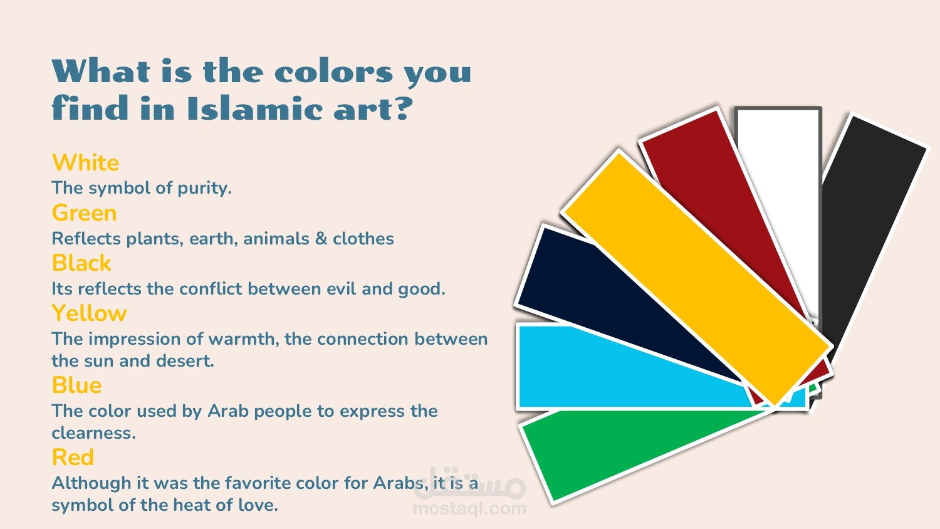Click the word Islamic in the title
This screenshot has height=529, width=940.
[256, 108]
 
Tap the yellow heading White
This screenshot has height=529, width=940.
[86, 163]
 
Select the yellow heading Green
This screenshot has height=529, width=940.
[85, 213]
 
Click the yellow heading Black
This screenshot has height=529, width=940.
[81, 263]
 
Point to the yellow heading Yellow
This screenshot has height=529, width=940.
[90, 313]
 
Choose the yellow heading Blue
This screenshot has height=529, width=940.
[77, 385]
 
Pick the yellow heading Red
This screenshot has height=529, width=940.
[73, 457]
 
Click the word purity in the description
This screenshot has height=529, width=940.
[204, 189]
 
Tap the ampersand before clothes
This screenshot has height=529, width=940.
[321, 239]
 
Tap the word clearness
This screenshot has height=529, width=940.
[94, 433]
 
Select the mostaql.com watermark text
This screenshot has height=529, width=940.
[469, 509]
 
